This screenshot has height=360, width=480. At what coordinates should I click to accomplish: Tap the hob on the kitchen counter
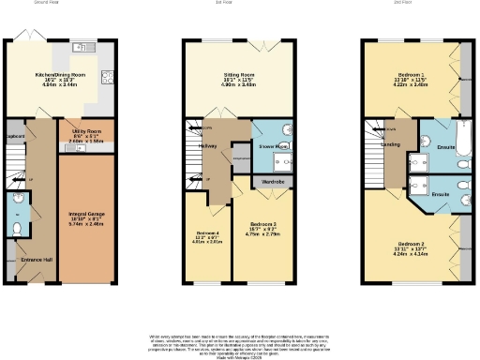pyautogui.click(x=108, y=78)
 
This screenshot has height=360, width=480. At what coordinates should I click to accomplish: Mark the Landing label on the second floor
pyautogui.click(x=390, y=145)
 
